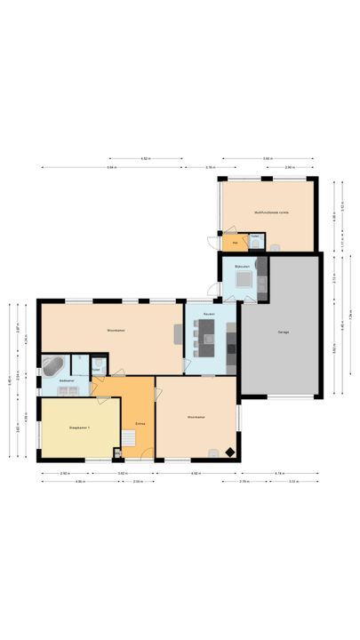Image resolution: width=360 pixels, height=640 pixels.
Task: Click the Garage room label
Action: (x=283, y=332)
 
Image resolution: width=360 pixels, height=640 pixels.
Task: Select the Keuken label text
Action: (x=209, y=315)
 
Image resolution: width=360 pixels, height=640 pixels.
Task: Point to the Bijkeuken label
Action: (x=240, y=267)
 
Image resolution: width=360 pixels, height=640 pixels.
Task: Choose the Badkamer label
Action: (x=66, y=380)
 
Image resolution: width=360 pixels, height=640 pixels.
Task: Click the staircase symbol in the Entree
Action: (x=130, y=438)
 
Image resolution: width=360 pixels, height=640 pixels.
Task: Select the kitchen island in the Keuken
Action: (x=207, y=336)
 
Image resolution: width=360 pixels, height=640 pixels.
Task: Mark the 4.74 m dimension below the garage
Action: (x=279, y=473)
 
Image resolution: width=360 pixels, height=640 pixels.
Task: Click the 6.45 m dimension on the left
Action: (x=9, y=380)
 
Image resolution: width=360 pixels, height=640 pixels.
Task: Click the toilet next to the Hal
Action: (x=254, y=240)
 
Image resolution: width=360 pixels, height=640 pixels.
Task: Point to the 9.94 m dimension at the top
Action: (x=111, y=167)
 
